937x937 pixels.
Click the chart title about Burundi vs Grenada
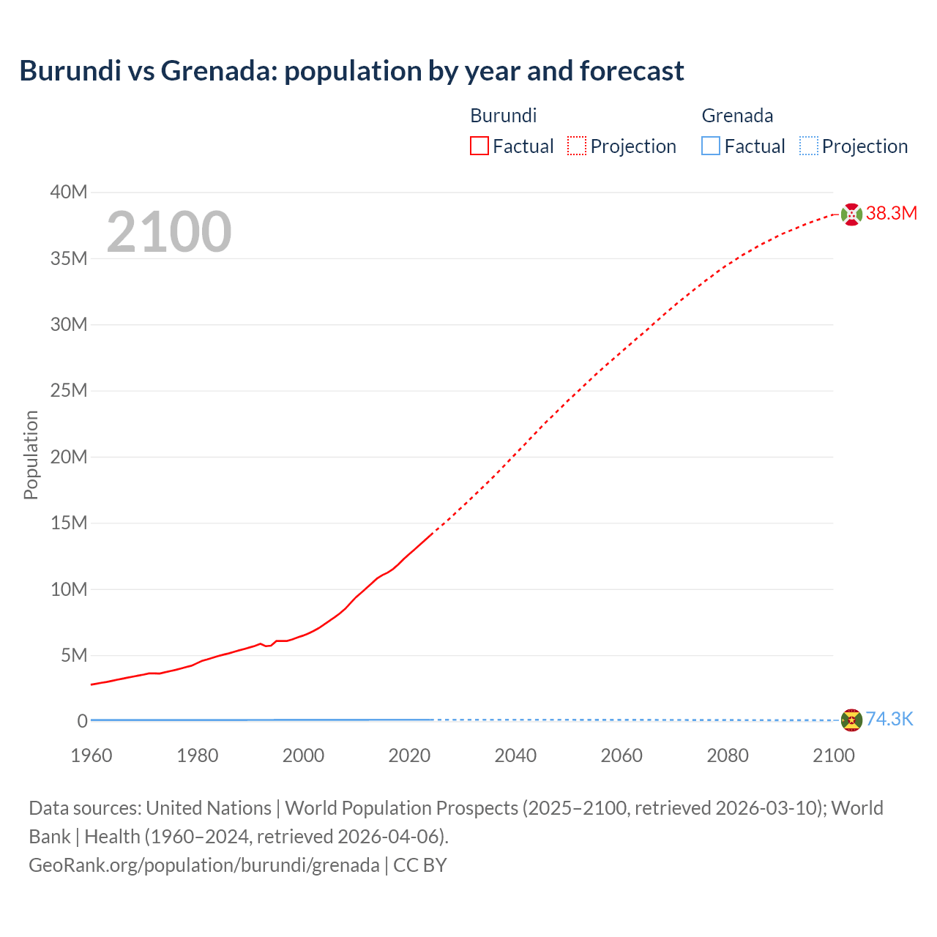point(351,71)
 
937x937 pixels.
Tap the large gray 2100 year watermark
point(169,232)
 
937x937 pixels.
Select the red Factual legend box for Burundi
point(479,146)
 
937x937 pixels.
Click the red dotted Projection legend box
point(577,146)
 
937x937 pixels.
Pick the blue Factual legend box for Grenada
point(710,146)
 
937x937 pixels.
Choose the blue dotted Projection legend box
point(808,146)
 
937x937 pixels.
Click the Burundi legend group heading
point(503,116)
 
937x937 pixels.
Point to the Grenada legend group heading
point(737,116)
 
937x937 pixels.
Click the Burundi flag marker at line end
point(851,214)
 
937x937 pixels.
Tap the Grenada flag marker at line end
point(851,720)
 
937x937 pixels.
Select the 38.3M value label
point(891,214)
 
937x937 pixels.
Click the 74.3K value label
point(889,720)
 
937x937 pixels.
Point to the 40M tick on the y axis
point(69,193)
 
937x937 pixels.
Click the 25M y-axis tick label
point(69,391)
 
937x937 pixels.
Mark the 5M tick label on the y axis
point(74,655)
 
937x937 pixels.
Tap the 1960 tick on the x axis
point(92,755)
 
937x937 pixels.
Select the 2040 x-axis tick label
point(515,755)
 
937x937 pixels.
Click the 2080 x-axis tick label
point(728,755)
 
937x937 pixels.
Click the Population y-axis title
point(31,455)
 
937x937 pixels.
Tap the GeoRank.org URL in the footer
point(204,865)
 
